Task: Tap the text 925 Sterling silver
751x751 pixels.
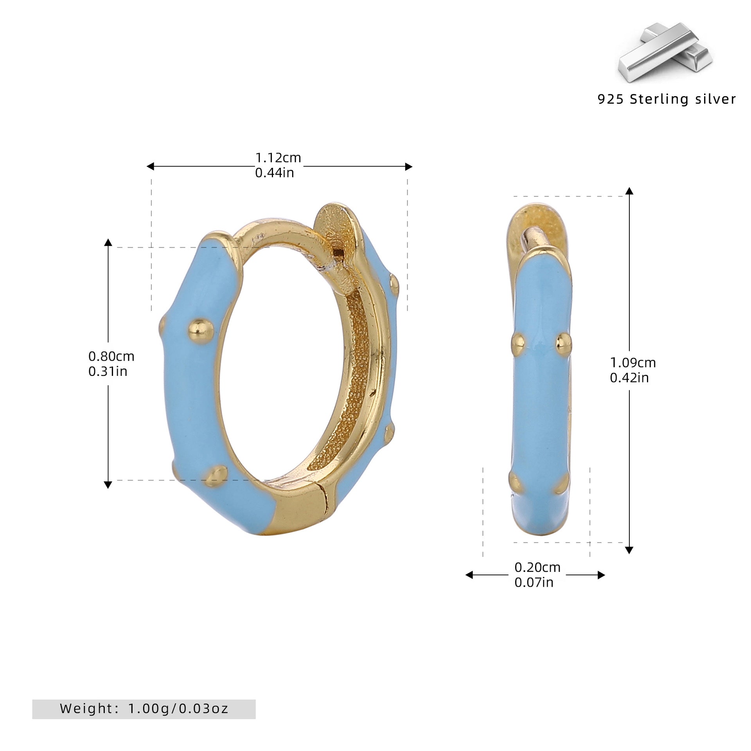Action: tap(667, 99)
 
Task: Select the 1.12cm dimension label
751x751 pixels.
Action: tap(278, 158)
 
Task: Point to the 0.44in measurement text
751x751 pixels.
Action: tap(275, 172)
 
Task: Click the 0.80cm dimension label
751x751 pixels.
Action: tap(111, 356)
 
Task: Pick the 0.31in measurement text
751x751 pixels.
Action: tap(108, 371)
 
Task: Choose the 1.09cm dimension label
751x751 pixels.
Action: tap(633, 363)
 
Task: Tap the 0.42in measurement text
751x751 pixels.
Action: tap(629, 377)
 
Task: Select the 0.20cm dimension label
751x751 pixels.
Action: tap(537, 567)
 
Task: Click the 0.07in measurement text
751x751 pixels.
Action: tap(534, 582)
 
